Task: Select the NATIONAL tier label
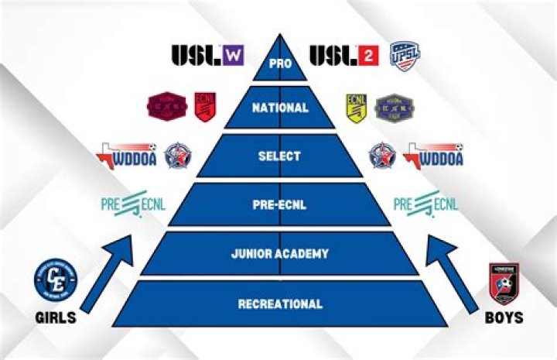tap(278, 108)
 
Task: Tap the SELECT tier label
tap(278, 156)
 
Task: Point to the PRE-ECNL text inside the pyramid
tap(278, 205)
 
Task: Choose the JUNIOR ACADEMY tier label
tap(278, 253)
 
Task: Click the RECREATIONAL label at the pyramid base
tap(278, 304)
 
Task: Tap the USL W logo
tap(207, 56)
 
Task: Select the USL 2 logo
tap(343, 56)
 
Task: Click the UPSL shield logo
tap(405, 56)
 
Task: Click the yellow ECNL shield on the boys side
tap(355, 108)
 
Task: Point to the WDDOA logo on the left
tap(127, 155)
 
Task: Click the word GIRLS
tap(56, 317)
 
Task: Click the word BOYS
tap(504, 317)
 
